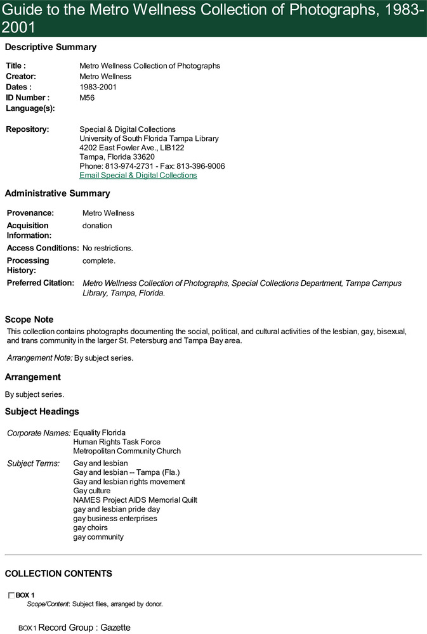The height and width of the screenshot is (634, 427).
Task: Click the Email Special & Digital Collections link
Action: pos(138,175)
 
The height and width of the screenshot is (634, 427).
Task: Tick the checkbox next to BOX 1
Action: pos(11,595)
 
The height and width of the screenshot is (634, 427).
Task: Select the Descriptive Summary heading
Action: pos(51,47)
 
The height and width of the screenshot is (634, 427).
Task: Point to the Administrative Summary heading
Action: pos(57,193)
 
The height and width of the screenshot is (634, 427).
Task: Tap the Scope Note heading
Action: pos(29,320)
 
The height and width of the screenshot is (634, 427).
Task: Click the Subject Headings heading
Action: pos(42,411)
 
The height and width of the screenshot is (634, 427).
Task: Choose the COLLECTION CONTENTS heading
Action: pos(58,574)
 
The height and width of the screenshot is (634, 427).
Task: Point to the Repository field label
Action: pos(27,129)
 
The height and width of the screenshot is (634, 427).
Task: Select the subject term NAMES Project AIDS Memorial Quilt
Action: pos(135,500)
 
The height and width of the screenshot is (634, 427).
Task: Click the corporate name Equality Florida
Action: pos(99,432)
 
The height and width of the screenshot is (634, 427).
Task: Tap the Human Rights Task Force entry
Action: pos(117,442)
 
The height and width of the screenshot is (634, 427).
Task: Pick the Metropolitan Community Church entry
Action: pos(127,451)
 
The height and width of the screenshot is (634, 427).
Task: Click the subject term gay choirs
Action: pos(90,527)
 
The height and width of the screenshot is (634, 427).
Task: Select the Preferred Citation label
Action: pos(41,283)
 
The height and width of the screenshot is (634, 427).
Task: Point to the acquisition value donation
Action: pos(97,226)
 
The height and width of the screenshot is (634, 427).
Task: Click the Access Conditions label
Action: pos(43,248)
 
